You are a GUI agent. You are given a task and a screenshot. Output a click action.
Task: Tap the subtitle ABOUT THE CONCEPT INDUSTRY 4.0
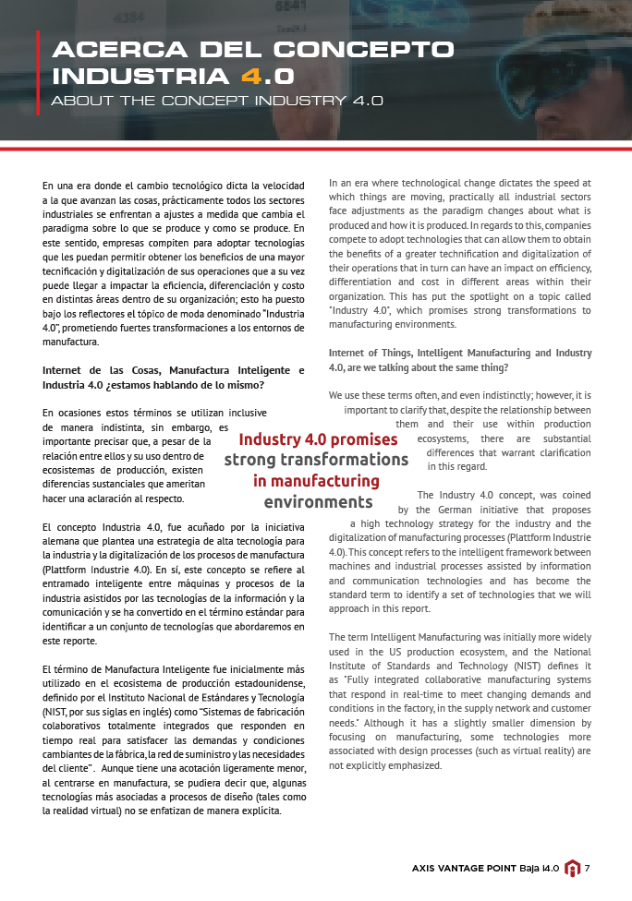pos(217,101)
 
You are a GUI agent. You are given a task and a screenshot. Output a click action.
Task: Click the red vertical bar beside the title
pos(38,73)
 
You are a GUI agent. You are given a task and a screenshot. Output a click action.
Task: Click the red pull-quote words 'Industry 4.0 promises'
pos(318,439)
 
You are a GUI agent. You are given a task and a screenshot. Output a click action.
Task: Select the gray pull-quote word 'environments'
pos(318,502)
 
